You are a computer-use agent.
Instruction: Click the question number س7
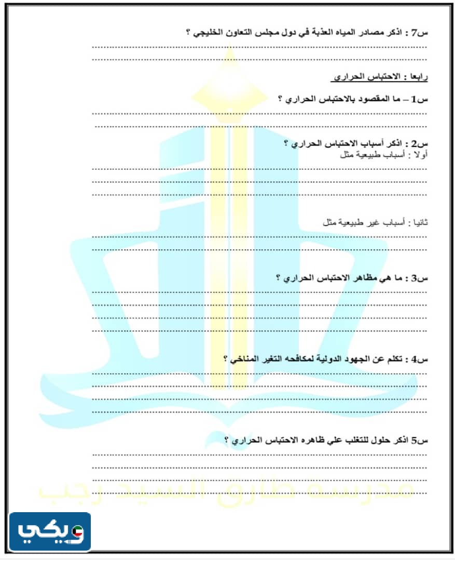click(x=421, y=33)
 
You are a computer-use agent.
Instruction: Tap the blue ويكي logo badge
click(x=50, y=531)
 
